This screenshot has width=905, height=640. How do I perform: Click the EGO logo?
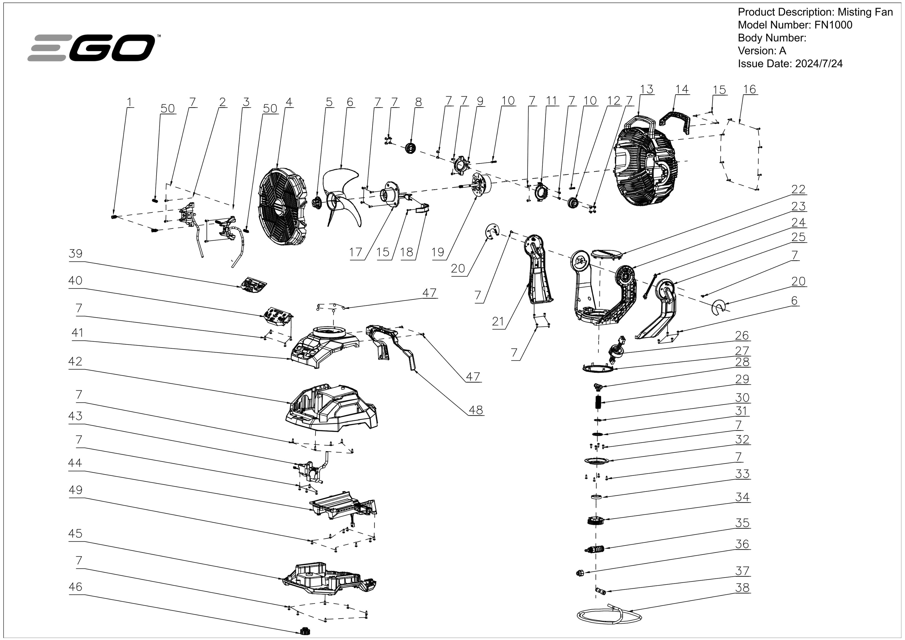[93, 48]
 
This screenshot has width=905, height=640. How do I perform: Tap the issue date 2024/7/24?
[819, 64]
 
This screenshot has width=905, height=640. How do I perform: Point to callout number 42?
[75, 362]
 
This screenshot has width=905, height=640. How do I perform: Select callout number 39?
[75, 254]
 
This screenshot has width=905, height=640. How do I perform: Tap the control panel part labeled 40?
[278, 315]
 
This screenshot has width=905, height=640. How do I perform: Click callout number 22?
[798, 190]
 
